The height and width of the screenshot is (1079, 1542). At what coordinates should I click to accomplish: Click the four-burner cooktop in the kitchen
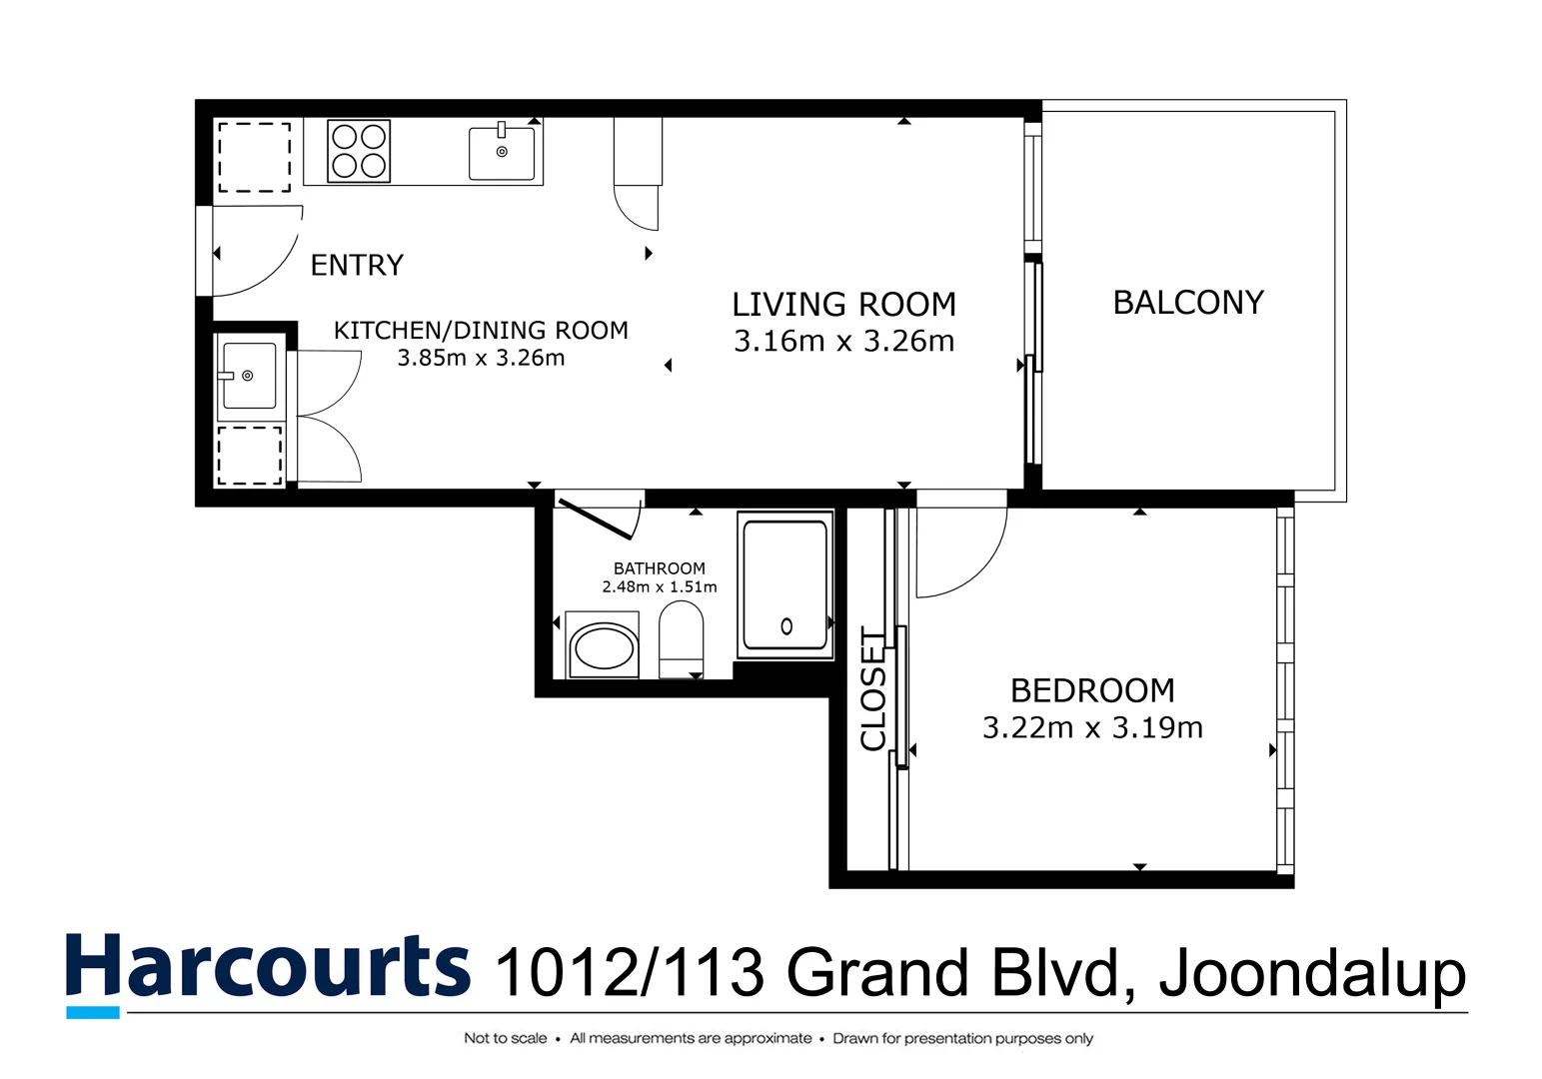click(x=359, y=151)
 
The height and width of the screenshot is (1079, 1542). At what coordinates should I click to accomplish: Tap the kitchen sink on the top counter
click(x=502, y=153)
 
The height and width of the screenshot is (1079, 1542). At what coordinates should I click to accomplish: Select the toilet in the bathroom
click(x=681, y=639)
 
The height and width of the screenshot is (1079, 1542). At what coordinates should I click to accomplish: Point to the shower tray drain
click(x=786, y=626)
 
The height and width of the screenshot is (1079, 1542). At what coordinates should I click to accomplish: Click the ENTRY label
click(x=357, y=265)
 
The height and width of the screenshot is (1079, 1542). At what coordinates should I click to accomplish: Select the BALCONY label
click(x=1188, y=302)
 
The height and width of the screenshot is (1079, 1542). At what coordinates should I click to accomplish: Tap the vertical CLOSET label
click(x=873, y=689)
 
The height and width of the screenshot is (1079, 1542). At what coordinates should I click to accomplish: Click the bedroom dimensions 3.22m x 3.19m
click(x=1092, y=727)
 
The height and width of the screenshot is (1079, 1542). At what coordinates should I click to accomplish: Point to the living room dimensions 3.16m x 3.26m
click(x=843, y=341)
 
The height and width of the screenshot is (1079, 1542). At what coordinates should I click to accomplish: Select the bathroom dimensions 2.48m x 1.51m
click(x=659, y=586)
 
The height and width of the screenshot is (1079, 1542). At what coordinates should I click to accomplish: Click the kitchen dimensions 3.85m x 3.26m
click(x=481, y=358)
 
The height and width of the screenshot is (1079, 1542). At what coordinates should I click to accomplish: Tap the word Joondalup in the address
click(x=1312, y=972)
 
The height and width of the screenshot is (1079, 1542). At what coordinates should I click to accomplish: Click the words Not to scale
click(x=505, y=1038)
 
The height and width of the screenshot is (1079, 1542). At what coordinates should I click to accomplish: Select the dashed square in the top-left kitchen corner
click(x=255, y=157)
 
